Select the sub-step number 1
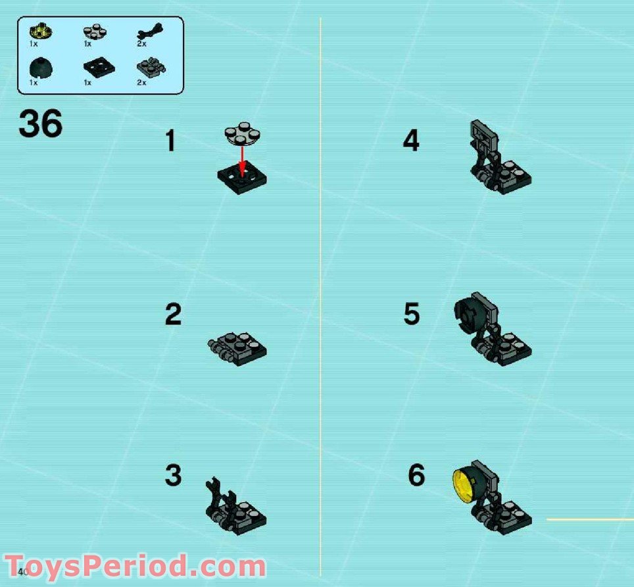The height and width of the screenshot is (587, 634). click(x=170, y=141)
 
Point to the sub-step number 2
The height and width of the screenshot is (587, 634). click(x=173, y=315)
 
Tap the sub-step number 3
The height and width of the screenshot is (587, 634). click(x=173, y=475)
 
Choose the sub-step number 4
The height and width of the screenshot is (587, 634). click(x=411, y=141)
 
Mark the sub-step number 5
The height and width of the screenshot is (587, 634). click(x=411, y=315)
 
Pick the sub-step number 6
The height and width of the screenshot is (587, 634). click(x=416, y=475)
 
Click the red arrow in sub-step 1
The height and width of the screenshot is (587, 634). click(x=242, y=159)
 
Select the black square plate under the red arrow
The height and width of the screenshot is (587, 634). click(x=242, y=178)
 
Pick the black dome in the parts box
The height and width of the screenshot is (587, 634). click(x=41, y=68)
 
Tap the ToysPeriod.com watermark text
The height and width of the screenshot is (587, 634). click(x=135, y=567)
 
